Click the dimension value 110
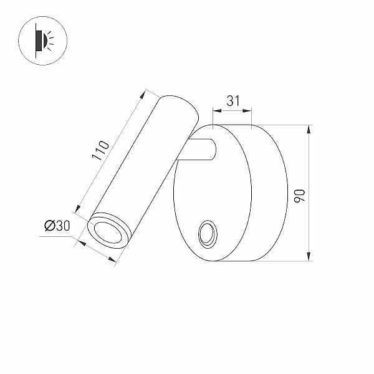(100, 150)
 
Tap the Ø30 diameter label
(57, 226)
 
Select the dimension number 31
(233, 101)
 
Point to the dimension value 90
(300, 196)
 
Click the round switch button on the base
(208, 234)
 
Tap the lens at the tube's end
(108, 233)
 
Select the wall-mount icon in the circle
(42, 41)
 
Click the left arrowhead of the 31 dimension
(217, 111)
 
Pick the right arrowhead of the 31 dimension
(247, 111)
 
